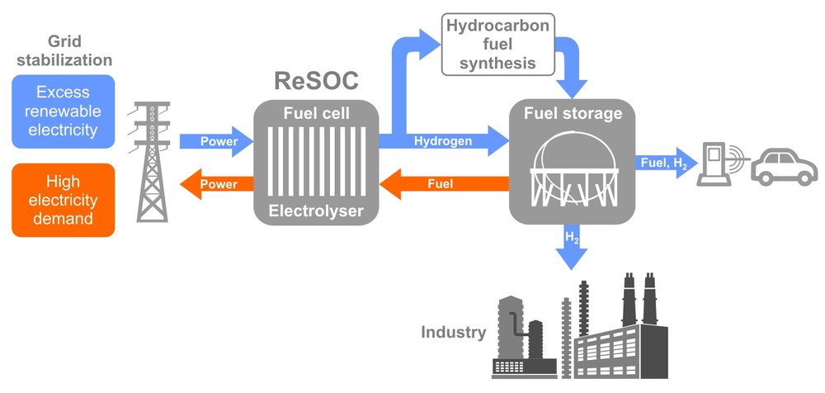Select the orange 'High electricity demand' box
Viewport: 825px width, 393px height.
tap(63, 200)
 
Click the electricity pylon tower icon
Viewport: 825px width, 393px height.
tap(151, 161)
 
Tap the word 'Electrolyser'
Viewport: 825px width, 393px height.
tap(316, 211)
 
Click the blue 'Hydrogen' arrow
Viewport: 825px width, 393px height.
tap(445, 141)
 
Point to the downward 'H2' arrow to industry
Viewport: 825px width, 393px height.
tap(571, 248)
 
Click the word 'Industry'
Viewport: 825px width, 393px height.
tap(453, 333)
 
